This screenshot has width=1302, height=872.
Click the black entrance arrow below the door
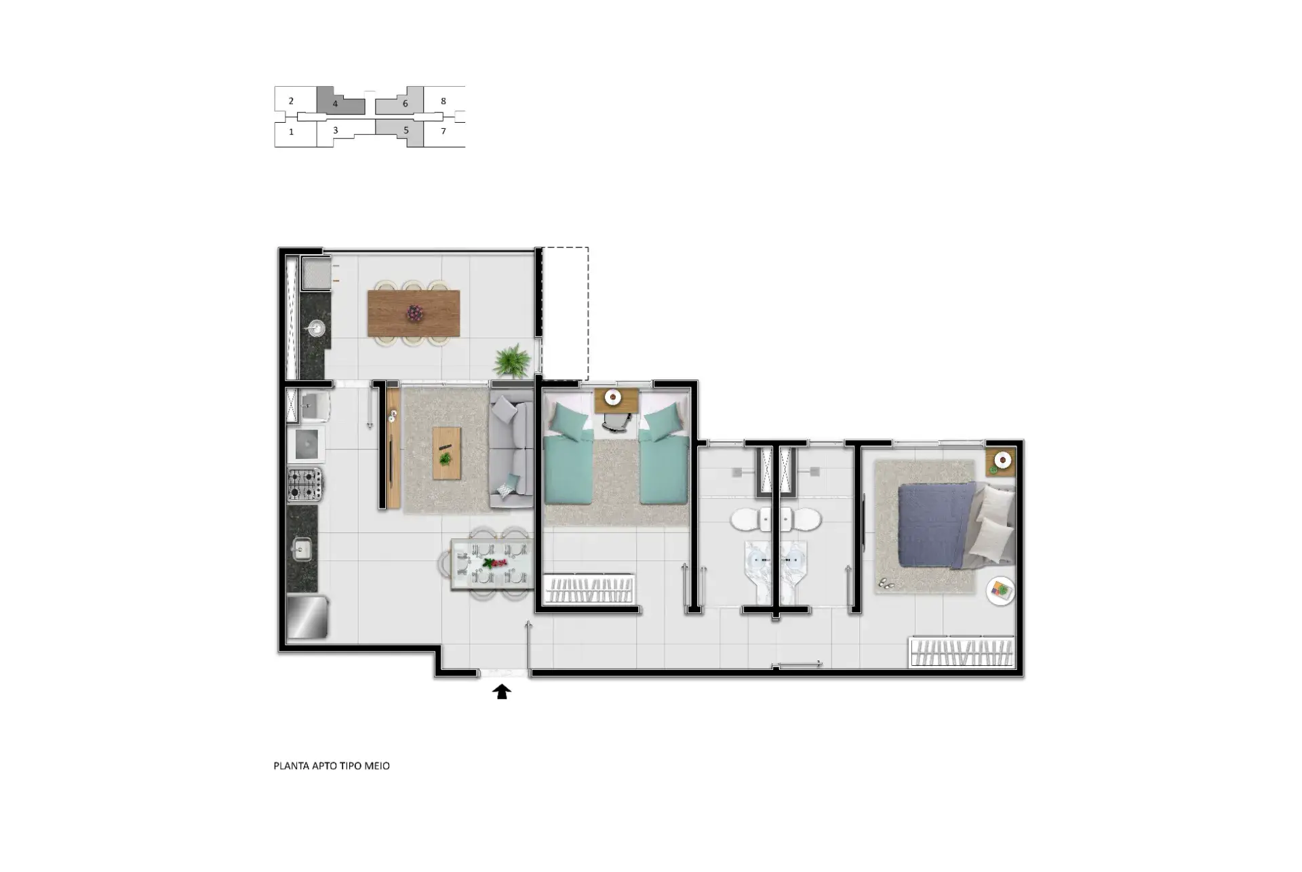point(501,692)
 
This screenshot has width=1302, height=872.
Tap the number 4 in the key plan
point(335,104)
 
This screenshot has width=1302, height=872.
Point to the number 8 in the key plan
point(443,101)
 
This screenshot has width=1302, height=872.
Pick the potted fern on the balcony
point(513,360)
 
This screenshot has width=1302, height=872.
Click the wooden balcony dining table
point(414,313)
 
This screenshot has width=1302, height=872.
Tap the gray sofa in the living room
point(512,450)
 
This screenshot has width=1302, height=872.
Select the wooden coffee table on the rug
point(447,454)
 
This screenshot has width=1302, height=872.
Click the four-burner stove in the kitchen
point(304,485)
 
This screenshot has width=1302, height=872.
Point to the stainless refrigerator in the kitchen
point(307,616)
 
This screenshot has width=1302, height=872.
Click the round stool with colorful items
point(1000,590)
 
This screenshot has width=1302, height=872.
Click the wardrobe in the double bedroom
point(962,652)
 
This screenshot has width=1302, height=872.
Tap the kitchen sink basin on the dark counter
point(302,549)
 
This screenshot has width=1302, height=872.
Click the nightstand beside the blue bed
point(1000,462)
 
